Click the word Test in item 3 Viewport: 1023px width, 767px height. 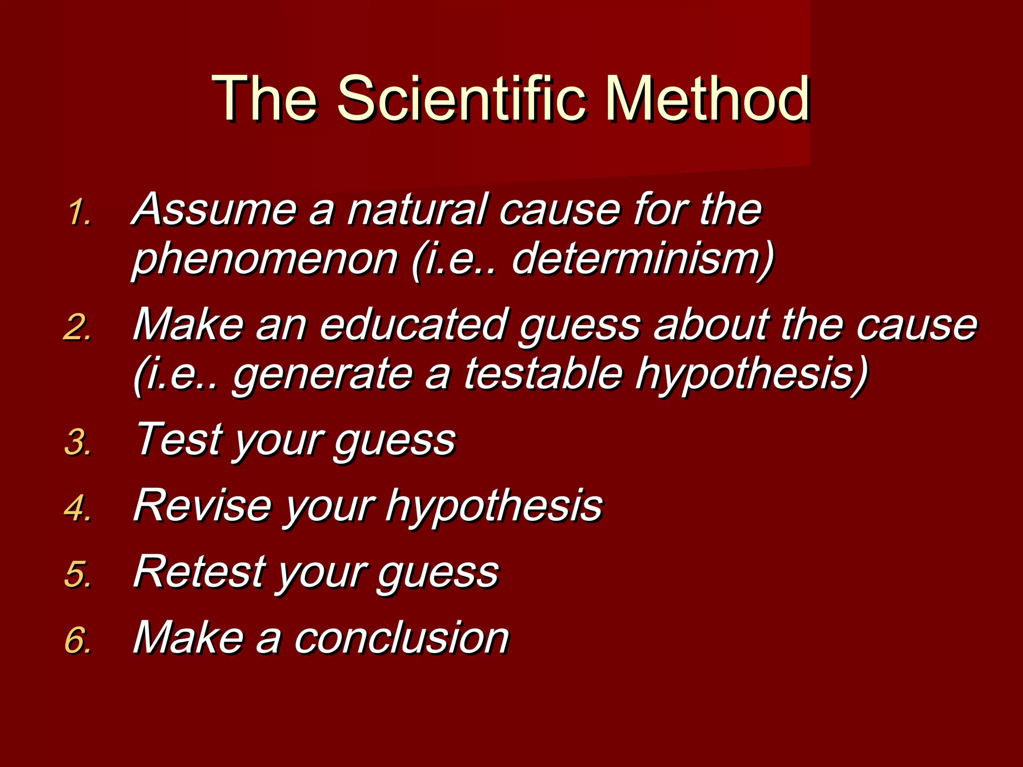[x=180, y=439]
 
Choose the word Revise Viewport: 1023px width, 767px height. [x=202, y=505]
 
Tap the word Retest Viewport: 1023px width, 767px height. [x=200, y=571]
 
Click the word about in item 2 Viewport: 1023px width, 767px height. [x=712, y=325]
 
